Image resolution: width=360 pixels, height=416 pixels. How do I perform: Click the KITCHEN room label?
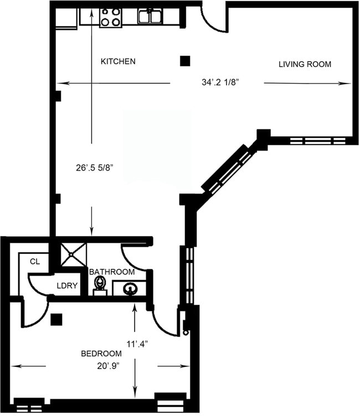(118, 61)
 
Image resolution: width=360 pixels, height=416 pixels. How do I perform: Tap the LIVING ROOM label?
(304, 64)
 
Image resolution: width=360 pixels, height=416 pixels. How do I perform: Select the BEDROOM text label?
(101, 353)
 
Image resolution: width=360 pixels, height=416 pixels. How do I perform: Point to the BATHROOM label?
(112, 272)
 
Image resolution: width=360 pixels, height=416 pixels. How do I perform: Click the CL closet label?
(35, 262)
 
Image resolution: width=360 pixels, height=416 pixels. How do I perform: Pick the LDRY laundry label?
(67, 286)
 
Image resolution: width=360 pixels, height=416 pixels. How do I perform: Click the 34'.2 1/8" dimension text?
(224, 83)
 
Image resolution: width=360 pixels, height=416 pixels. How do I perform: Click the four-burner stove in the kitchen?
(110, 17)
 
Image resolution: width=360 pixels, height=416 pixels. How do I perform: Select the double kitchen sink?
(150, 17)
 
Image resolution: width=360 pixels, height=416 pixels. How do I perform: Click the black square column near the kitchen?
(186, 61)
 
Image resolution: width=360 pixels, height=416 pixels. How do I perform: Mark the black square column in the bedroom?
(55, 319)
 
